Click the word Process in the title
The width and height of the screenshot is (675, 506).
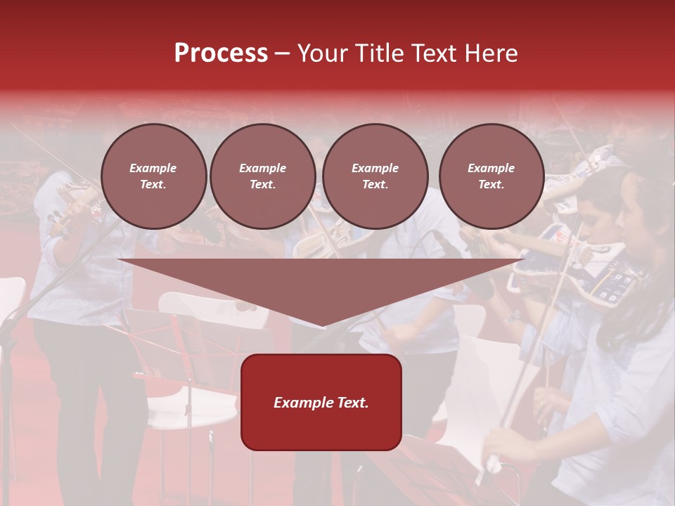point(221,53)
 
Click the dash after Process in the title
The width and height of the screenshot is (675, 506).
point(282,55)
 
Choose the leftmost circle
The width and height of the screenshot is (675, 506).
point(154,176)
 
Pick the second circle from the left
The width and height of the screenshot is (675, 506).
point(263,176)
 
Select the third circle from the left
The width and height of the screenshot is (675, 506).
point(375,176)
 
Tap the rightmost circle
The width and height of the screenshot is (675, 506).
point(491,176)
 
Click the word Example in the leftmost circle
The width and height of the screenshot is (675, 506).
point(153,169)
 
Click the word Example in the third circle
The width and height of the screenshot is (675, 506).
point(375,169)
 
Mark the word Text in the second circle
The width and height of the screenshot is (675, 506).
point(262,185)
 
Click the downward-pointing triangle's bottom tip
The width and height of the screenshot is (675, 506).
point(321,323)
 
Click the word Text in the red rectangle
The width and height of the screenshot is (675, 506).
point(352,403)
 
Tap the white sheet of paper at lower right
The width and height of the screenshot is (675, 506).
point(478,394)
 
